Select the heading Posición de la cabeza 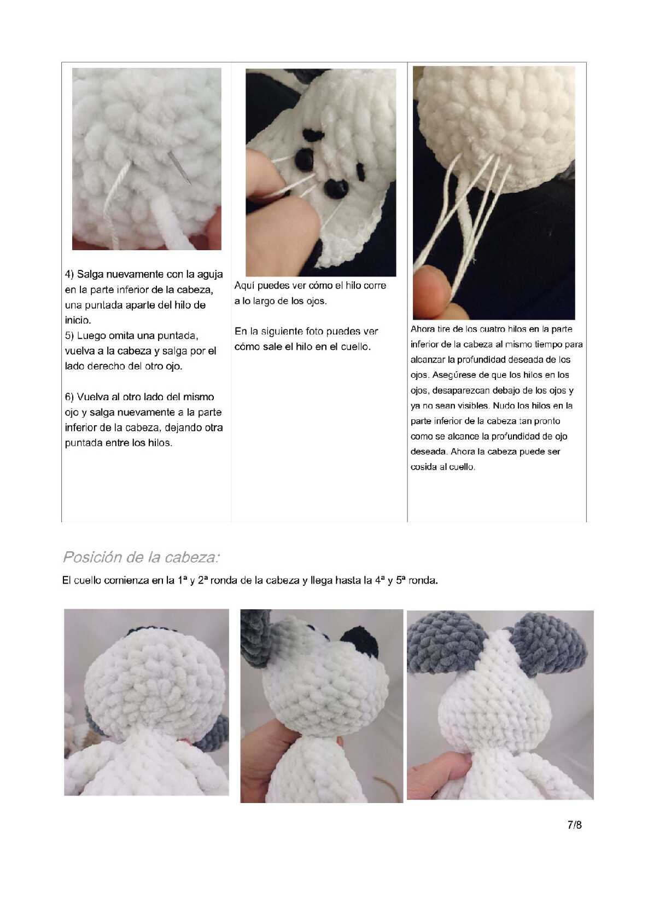click(x=141, y=557)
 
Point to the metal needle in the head click(x=179, y=168)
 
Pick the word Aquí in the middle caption click(x=244, y=286)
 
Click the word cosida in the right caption click(x=423, y=467)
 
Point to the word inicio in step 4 click(x=78, y=320)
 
